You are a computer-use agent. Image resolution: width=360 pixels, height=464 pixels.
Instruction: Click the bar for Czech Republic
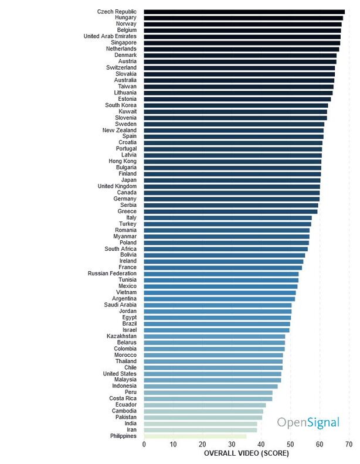[244, 11]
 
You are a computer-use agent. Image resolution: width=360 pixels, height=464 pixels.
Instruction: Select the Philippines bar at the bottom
[195, 436]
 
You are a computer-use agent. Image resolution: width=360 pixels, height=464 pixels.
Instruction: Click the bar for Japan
[232, 180]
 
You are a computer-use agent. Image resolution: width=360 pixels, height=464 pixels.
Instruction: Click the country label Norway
[126, 23]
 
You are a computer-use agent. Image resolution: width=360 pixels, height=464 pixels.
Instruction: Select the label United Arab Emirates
[110, 36]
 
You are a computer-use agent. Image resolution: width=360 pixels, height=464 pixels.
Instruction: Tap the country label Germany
[125, 199]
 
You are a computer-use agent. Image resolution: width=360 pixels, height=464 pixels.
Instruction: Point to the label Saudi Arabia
[120, 305]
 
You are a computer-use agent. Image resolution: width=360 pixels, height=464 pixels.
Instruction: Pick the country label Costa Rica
[123, 398]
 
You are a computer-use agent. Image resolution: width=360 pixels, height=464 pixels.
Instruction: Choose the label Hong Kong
[123, 161]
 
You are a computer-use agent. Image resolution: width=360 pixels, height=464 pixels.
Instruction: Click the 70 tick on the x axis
[349, 444]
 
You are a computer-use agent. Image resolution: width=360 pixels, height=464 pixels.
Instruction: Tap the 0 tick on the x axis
[144, 444]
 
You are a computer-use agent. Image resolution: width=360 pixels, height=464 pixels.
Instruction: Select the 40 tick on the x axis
[261, 444]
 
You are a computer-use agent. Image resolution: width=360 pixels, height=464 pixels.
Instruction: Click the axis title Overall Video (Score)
[246, 453]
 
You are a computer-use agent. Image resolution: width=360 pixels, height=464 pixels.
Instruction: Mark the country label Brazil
[129, 323]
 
